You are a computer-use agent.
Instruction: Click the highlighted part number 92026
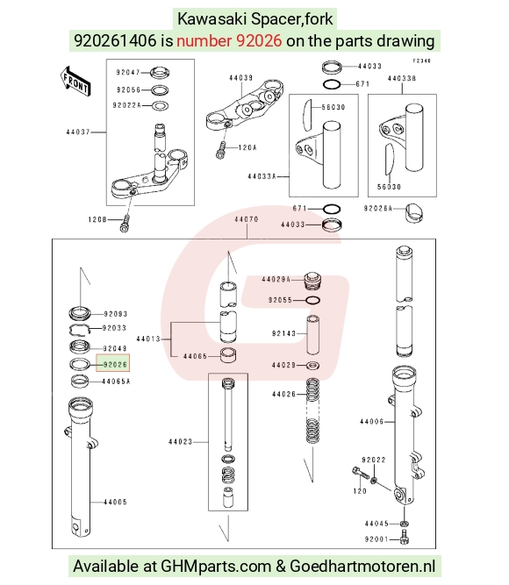point(115,364)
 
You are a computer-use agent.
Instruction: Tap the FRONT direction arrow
point(75,82)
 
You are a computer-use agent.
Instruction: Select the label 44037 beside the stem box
point(78,132)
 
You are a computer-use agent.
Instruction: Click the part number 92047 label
point(128,72)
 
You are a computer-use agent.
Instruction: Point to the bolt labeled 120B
point(125,223)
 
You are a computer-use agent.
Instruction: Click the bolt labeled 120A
point(221,150)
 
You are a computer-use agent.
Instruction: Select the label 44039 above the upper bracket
point(240,77)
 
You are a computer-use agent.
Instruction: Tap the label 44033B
point(402,78)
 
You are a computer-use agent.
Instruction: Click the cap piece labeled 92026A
point(414,212)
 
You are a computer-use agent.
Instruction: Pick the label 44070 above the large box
point(247,219)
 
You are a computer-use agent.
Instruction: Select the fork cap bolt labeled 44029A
point(312,281)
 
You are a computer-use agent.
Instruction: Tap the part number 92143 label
point(283,333)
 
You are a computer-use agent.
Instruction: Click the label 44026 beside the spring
point(283,394)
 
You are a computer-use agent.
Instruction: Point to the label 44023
point(181,442)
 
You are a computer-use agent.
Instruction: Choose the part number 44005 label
point(115,503)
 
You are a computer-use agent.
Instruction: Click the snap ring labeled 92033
point(81,330)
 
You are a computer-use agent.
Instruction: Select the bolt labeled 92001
point(405,539)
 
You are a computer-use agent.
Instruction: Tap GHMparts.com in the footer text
point(216,567)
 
